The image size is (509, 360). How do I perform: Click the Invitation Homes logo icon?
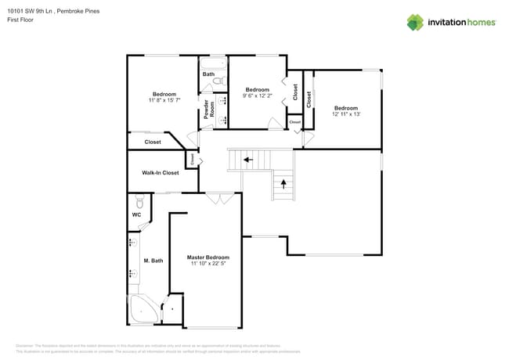414,22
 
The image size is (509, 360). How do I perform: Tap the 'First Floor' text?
21,20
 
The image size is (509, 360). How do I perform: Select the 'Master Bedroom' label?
208,257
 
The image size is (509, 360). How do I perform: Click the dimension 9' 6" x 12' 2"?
257,96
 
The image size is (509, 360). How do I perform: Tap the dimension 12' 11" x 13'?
345,114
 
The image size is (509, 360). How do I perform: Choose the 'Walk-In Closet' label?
160,172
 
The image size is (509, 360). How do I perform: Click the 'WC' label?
136,214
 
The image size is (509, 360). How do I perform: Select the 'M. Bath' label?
152,261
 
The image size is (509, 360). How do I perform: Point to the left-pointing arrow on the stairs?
247,160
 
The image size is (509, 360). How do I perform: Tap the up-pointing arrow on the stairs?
283,185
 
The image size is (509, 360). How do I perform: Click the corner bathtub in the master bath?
143,310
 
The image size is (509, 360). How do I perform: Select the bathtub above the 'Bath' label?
212,63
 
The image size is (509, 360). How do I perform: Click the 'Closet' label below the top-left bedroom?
153,142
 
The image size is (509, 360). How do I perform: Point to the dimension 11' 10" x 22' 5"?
208,264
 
